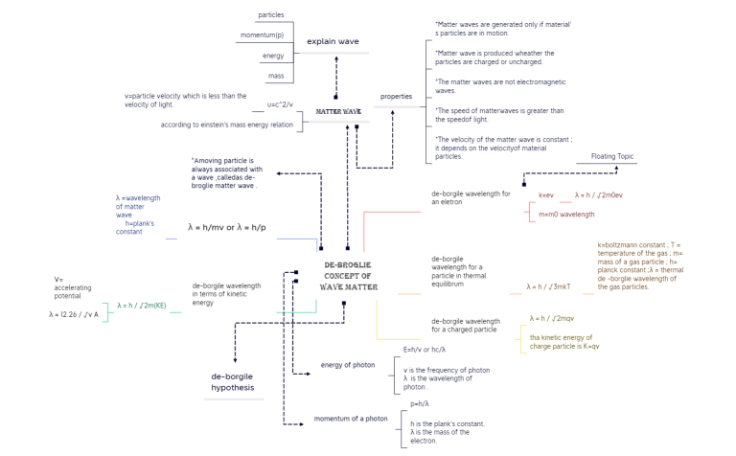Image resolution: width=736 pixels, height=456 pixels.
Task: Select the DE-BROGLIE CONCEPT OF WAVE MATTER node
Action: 347,276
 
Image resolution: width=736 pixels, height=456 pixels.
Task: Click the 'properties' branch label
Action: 396,97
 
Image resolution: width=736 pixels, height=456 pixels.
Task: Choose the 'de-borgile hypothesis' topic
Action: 233,381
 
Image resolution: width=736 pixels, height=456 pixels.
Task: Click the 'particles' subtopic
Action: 270,15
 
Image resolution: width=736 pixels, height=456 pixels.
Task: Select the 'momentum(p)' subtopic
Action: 265,35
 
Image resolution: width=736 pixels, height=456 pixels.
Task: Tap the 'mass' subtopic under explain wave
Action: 276,76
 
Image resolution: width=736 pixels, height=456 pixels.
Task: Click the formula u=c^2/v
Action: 279,104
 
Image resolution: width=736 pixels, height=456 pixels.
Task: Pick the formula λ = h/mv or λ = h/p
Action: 229,228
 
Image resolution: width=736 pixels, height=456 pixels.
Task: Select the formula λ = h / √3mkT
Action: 548,286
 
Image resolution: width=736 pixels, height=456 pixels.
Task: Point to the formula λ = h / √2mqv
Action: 552,318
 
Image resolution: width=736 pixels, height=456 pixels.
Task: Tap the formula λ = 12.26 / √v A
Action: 74,313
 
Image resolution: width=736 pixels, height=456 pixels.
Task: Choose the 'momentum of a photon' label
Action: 351,419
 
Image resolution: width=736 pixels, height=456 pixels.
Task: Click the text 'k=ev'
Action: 545,195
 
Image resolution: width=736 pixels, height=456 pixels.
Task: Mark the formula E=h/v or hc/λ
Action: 425,350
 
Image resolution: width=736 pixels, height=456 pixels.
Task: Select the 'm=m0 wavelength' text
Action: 566,215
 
